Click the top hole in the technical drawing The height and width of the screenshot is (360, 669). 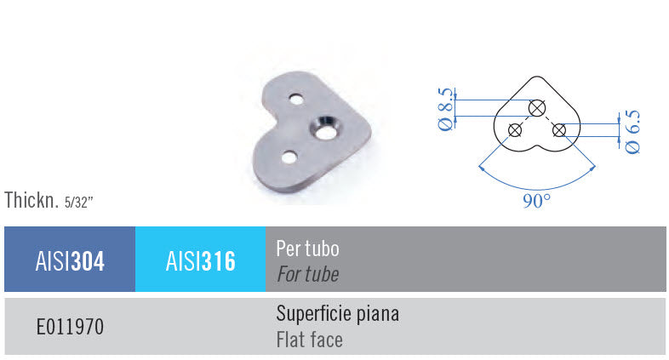click(x=536, y=108)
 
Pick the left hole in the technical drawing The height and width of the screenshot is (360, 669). click(x=514, y=129)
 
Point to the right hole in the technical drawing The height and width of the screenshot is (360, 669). click(x=559, y=129)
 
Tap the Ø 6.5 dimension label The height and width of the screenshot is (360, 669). click(x=632, y=131)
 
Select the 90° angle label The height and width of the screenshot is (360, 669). click(x=536, y=201)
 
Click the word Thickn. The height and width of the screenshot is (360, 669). click(x=31, y=202)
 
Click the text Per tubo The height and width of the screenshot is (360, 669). click(x=307, y=249)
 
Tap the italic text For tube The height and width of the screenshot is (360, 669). click(x=307, y=274)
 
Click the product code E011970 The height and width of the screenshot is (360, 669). click(x=70, y=327)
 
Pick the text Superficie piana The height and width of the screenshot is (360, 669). click(x=337, y=314)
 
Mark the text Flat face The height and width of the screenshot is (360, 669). click(x=309, y=340)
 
